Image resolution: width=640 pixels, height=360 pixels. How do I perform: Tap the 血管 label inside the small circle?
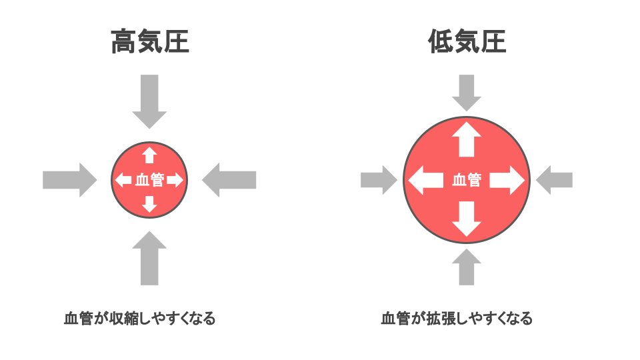[149, 180]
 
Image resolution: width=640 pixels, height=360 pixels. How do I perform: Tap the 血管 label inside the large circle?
[467, 180]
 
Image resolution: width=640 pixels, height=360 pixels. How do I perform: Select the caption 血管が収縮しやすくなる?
[139, 318]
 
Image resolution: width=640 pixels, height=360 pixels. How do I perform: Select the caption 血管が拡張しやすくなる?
[457, 318]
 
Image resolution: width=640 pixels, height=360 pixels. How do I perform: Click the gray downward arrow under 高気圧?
[149, 100]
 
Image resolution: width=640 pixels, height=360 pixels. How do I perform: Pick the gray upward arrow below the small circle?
[149, 259]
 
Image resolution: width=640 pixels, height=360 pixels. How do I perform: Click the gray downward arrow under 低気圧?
[467, 92]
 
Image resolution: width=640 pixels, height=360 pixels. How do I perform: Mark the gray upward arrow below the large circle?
[467, 267]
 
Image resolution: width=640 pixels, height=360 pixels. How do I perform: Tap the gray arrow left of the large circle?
[378, 180]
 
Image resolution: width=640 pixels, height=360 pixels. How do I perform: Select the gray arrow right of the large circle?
[555, 180]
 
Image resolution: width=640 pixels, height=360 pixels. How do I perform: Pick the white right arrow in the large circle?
[508, 180]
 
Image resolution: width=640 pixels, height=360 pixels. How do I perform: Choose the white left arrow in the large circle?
[425, 180]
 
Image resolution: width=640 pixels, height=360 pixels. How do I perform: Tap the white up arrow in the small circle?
[149, 155]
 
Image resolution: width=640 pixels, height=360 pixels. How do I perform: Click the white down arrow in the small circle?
[149, 204]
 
